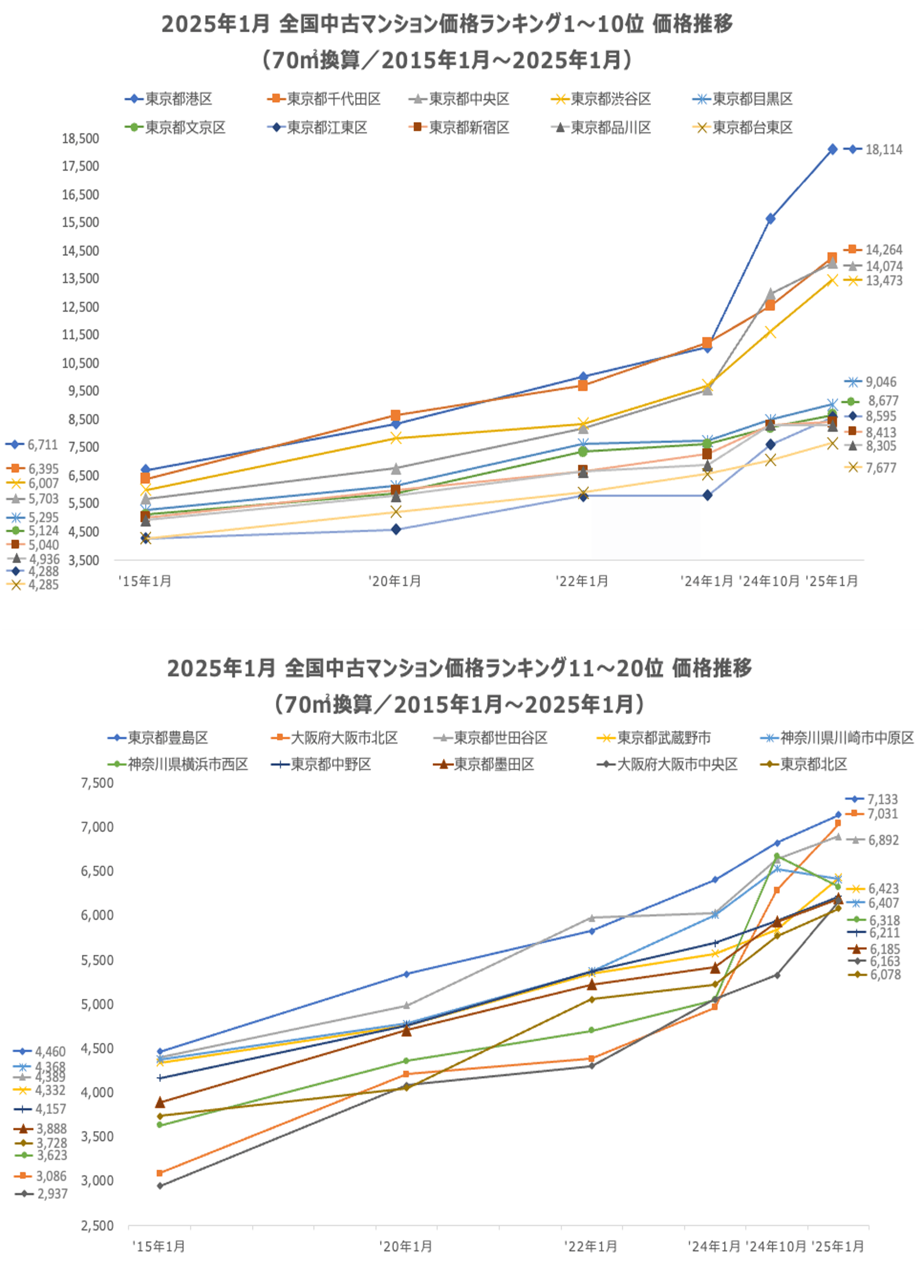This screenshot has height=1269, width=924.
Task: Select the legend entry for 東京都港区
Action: (x=178, y=99)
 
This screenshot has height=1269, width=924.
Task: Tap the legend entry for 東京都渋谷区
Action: (x=610, y=99)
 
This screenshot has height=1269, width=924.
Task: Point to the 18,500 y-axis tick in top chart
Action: (x=80, y=138)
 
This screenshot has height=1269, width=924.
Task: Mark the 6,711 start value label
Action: (x=43, y=445)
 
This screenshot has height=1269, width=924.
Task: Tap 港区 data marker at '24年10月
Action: (x=771, y=218)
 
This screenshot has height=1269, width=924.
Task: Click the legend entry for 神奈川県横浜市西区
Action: (x=188, y=764)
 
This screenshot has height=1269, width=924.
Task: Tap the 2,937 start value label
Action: (x=52, y=1194)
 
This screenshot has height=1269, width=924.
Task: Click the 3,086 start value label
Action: (x=51, y=1176)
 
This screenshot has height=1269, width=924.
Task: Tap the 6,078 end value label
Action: (x=885, y=975)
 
